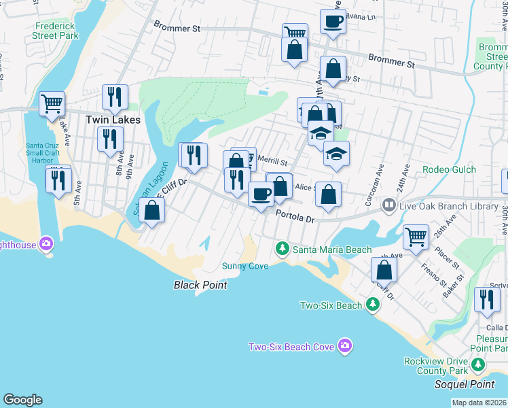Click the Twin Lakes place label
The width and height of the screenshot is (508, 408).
pos(113,120)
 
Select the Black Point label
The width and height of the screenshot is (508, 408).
pos(200,285)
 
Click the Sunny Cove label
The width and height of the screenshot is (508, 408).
pos(245,265)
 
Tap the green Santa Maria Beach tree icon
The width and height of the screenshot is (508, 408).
pos(283,250)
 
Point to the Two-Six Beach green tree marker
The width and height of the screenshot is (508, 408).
pos(372,305)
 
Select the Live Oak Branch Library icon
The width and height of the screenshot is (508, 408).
pos(388,204)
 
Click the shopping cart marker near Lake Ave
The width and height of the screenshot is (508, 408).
pos(52,104)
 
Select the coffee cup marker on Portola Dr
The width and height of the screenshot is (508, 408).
pos(261,195)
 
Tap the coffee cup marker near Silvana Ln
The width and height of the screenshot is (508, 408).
pos(333,21)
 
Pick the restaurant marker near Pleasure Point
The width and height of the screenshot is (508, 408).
pos(486,300)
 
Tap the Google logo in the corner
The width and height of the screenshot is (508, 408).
pos(22,400)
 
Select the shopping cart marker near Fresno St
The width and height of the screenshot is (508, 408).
pos(416,237)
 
